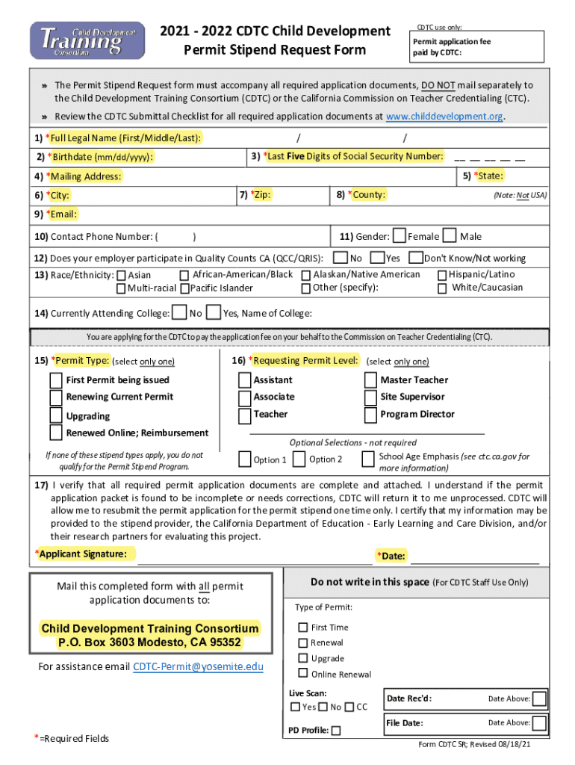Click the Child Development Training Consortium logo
[x=87, y=40]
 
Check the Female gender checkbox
[x=400, y=236]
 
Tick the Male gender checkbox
[x=450, y=236]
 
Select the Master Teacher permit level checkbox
[x=371, y=380]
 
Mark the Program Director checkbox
[x=371, y=415]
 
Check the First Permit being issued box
[x=56, y=380]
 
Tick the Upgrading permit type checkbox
[x=56, y=415]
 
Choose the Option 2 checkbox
[x=299, y=459]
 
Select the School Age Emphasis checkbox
[x=368, y=458]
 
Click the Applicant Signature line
[x=254, y=557]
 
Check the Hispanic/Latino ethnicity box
[x=442, y=275]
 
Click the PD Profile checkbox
[x=336, y=731]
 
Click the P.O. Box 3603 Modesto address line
[x=150, y=642]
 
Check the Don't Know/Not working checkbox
[x=415, y=258]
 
